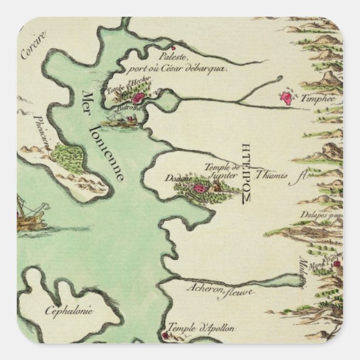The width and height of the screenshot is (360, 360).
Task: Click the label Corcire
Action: (x=33, y=46)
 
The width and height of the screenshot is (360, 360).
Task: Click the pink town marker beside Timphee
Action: (x=286, y=99)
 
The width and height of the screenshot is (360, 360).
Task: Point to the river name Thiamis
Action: (x=273, y=175)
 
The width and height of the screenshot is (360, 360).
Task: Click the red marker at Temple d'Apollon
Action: (x=165, y=336)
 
